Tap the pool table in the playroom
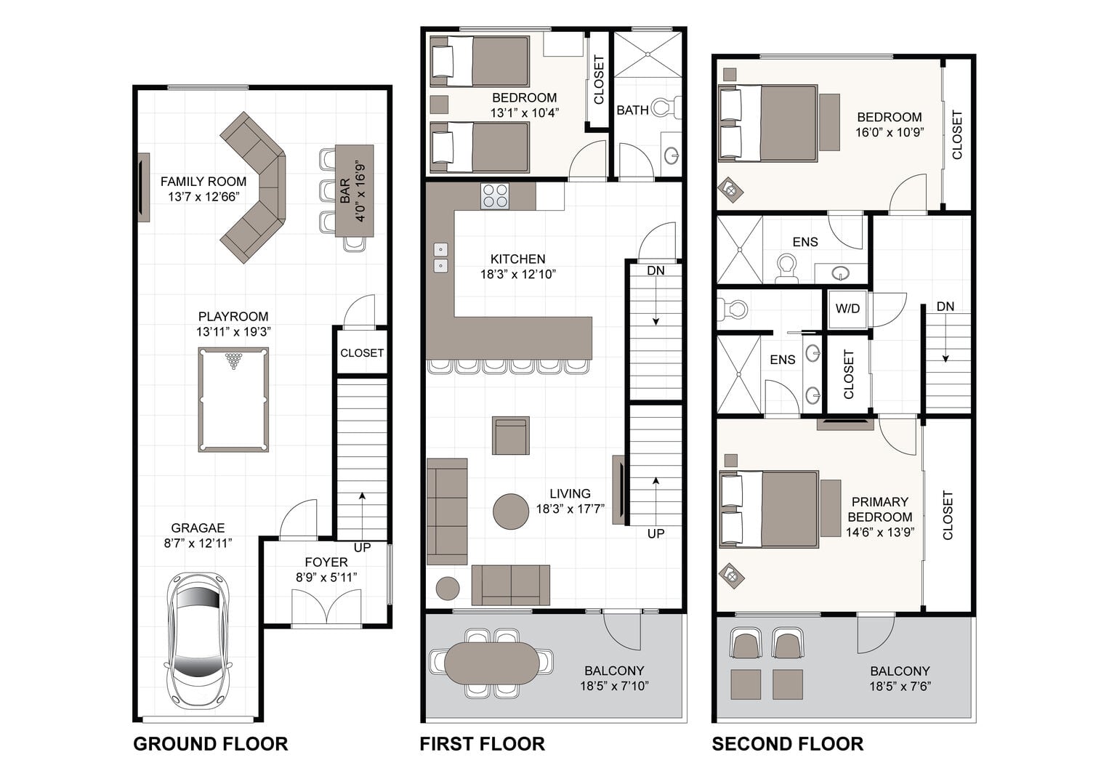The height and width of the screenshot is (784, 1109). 233,400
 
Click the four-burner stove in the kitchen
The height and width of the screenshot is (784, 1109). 495,195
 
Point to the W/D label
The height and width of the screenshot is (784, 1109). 847,309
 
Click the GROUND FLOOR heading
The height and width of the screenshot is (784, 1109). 211,744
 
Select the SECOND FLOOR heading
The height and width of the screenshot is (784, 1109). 788,744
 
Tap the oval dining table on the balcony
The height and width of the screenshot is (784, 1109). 492,663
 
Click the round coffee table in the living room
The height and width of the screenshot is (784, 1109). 511,512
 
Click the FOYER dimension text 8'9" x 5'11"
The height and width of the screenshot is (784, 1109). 326,577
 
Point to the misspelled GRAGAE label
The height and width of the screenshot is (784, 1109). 198,528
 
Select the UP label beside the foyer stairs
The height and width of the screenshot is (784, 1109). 363,547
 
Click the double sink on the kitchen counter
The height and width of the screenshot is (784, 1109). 440,257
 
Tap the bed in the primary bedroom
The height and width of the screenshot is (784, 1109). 769,509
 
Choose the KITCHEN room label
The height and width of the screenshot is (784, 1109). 518,259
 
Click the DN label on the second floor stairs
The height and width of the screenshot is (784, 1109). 945,307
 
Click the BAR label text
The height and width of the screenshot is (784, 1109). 346,190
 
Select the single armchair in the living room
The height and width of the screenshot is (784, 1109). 510,435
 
